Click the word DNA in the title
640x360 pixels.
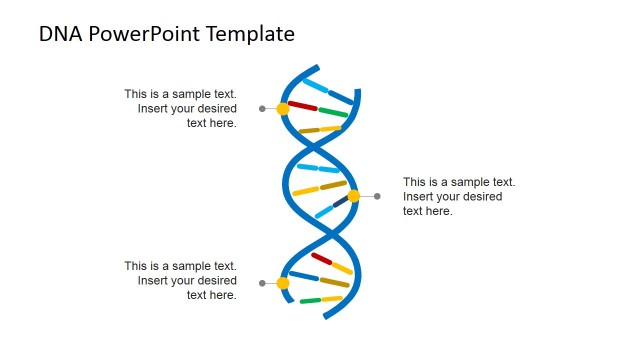61,34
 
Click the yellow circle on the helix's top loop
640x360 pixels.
283,108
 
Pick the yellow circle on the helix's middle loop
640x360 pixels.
353,196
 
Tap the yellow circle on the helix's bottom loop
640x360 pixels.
283,283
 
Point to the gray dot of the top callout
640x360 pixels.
262,108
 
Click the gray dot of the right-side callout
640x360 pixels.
377,196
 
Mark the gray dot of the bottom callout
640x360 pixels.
262,283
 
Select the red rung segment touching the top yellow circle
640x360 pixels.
302,105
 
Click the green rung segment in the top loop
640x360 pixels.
333,113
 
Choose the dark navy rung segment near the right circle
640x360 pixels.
340,202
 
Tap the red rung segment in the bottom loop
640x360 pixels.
321,258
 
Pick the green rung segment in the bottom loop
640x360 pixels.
310,300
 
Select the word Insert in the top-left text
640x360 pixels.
155,108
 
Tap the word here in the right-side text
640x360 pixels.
440,211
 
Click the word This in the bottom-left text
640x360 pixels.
136,266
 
